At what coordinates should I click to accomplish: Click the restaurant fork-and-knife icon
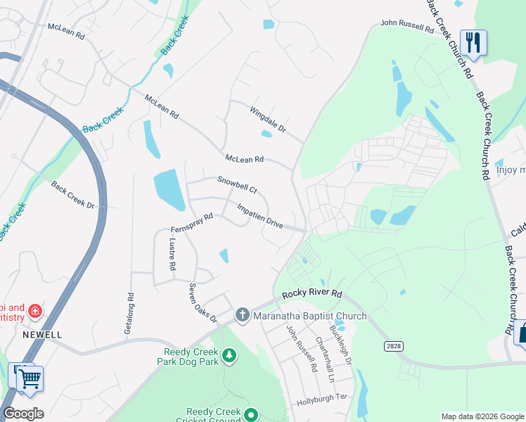(x=473, y=42)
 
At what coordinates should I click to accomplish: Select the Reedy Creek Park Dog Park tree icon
(x=229, y=357)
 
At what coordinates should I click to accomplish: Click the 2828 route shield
(x=394, y=346)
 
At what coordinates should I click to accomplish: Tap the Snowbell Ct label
(x=238, y=185)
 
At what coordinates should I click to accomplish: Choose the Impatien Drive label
(x=259, y=215)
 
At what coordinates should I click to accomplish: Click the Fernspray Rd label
(x=191, y=223)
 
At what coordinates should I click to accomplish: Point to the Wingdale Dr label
(x=268, y=119)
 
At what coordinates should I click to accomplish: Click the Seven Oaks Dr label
(x=203, y=303)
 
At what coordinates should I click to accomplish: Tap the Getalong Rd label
(x=129, y=314)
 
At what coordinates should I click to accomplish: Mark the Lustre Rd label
(x=172, y=254)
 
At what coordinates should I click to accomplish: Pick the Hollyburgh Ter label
(x=323, y=397)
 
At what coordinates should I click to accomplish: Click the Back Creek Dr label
(x=72, y=194)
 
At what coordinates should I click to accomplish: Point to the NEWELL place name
(x=42, y=335)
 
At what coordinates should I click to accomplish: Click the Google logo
(x=23, y=414)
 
